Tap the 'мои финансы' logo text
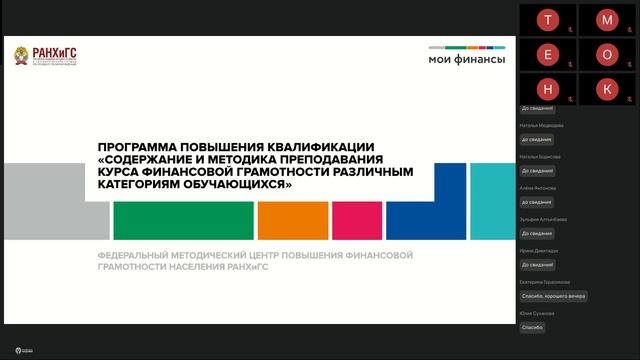pyautogui.click(x=466, y=60)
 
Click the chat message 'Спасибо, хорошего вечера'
pyautogui.click(x=554, y=296)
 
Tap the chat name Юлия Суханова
pyautogui.click(x=536, y=313)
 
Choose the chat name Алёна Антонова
pyautogui.click(x=538, y=188)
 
